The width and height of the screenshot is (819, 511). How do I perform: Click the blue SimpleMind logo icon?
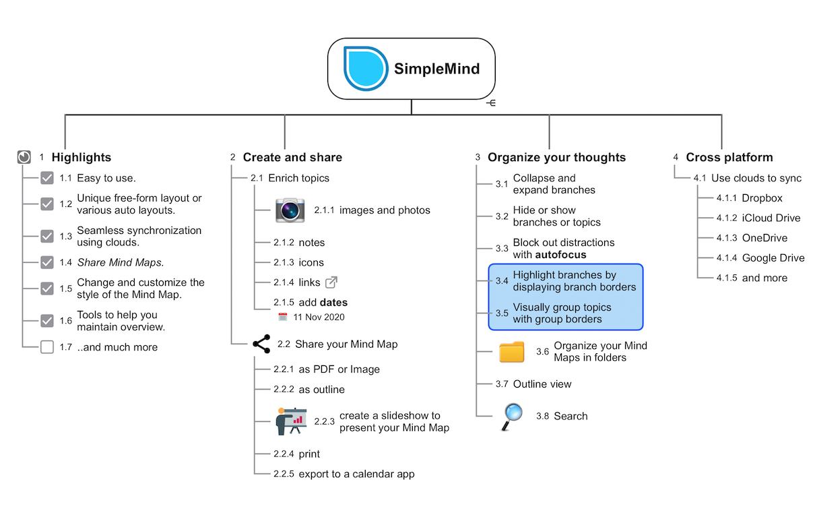point(365,69)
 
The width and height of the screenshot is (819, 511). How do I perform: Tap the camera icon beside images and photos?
point(290,210)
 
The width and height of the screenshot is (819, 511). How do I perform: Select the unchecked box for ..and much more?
point(47,347)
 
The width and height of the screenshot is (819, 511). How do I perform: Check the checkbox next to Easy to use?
point(47,178)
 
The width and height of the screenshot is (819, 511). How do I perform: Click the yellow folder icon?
point(511,351)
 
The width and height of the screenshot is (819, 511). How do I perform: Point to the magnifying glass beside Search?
point(511,417)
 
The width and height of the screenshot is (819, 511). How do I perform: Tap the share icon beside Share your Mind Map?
point(261,344)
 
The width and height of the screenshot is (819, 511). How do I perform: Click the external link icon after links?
point(331,282)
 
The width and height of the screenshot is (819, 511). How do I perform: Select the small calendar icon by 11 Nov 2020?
point(283,317)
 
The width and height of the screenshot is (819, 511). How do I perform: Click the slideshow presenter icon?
point(291,421)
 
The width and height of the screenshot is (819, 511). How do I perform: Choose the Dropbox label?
point(762,198)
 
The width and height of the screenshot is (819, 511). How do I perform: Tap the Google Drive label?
point(773,258)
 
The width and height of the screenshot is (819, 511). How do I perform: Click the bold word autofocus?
point(560,254)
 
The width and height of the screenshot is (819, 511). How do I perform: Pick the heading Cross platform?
point(729,157)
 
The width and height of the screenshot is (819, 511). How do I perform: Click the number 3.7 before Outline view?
point(502,384)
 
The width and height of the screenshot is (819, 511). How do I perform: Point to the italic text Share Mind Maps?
point(121,262)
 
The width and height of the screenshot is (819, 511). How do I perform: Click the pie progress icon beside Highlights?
point(24,157)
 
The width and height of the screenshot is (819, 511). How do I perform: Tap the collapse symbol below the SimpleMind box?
point(491,103)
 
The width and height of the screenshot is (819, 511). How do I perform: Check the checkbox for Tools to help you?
point(47,321)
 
